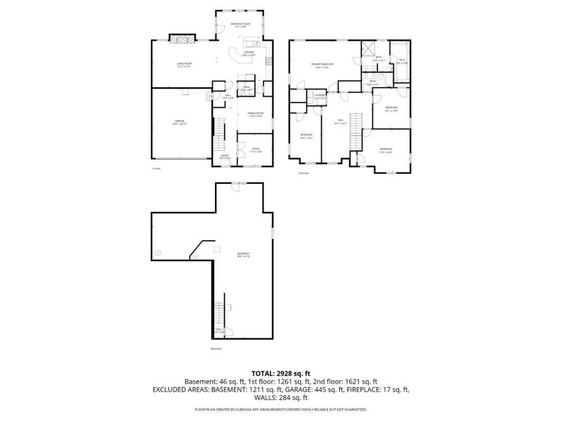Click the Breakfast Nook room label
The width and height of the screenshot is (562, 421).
coord(240,25)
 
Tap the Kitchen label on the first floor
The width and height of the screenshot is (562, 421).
coord(249,53)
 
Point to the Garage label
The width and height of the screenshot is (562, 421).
coord(180,123)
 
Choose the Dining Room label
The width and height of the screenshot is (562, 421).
coord(255,114)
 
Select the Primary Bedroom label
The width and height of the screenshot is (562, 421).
coord(323,65)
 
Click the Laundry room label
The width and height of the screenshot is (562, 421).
coord(320,96)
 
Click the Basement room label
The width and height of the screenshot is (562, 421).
coord(244,255)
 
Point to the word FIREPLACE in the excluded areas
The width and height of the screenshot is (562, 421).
coord(370,388)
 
